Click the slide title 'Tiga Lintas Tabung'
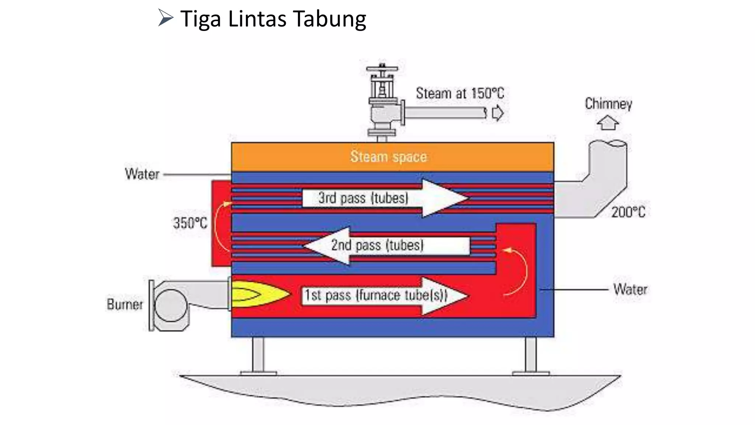click(x=273, y=19)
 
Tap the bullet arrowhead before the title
click(x=166, y=18)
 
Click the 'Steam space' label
click(x=388, y=157)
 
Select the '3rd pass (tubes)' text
click(x=363, y=198)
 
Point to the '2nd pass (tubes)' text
click(x=377, y=245)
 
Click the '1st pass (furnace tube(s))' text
click(x=375, y=296)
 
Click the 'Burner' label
click(x=125, y=305)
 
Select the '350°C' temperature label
click(x=190, y=223)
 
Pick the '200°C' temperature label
click(x=628, y=212)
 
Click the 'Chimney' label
click(x=608, y=104)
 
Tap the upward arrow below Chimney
click(x=608, y=123)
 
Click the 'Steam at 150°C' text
click(x=460, y=93)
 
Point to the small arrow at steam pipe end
click(x=498, y=113)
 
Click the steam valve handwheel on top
click(x=382, y=69)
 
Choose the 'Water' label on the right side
click(x=630, y=290)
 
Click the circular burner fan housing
click(x=171, y=305)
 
